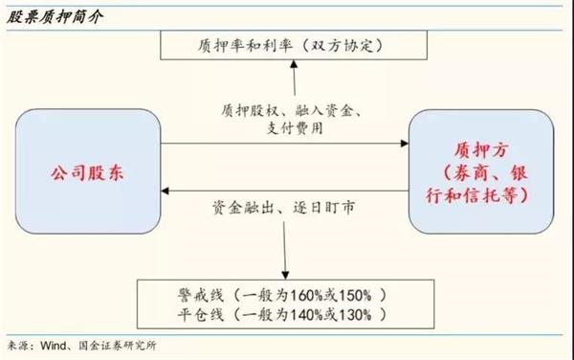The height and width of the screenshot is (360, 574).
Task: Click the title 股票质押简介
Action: click(55, 17)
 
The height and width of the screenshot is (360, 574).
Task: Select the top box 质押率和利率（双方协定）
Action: click(294, 45)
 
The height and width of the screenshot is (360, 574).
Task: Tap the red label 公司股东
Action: click(87, 173)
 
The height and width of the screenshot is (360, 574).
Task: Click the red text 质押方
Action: click(481, 150)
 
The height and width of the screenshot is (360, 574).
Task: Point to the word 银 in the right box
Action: click(519, 173)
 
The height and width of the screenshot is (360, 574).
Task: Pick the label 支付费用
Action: click(295, 128)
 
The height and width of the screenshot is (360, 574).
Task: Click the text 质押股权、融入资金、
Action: click(292, 110)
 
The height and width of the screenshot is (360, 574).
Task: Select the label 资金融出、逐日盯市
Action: click(284, 208)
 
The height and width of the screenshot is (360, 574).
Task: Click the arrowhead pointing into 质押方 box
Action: click(405, 144)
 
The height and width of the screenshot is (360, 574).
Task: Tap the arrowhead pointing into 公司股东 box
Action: click(165, 191)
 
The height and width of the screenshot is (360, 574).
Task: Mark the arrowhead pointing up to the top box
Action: click(294, 64)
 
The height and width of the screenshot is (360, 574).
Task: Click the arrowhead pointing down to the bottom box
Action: click(285, 275)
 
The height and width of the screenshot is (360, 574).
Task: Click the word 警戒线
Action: click(200, 296)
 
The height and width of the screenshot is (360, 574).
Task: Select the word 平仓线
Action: click(200, 315)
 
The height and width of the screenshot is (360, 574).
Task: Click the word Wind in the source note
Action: click(53, 346)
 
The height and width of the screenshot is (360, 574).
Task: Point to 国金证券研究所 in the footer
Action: click(118, 346)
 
